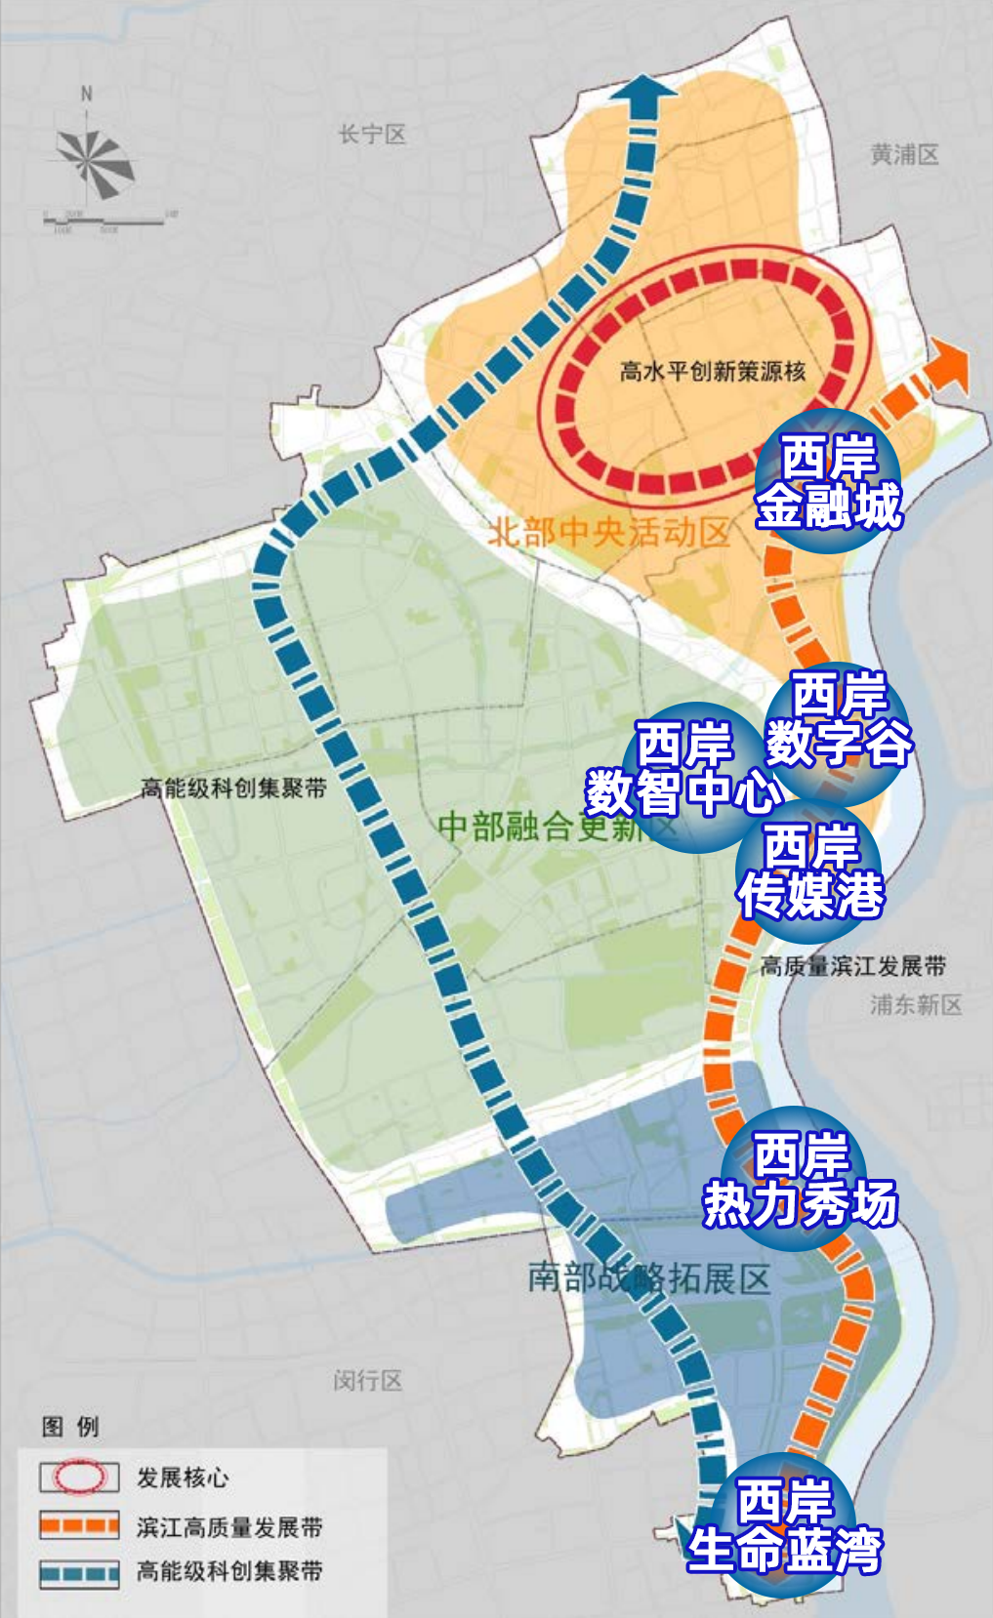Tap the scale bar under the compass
pyautogui.click(x=105, y=222)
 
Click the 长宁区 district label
pyautogui.click(x=372, y=135)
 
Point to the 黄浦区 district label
pyautogui.click(x=904, y=154)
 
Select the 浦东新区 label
pyautogui.click(x=916, y=1004)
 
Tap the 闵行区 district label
pyautogui.click(x=367, y=1380)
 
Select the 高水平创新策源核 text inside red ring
pyautogui.click(x=713, y=372)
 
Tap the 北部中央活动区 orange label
pyautogui.click(x=608, y=533)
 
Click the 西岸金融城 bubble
pyautogui.click(x=828, y=482)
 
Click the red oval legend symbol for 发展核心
pyautogui.click(x=79, y=1476)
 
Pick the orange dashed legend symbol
pyautogui.click(x=79, y=1525)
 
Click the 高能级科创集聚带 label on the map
pyautogui.click(x=232, y=788)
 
